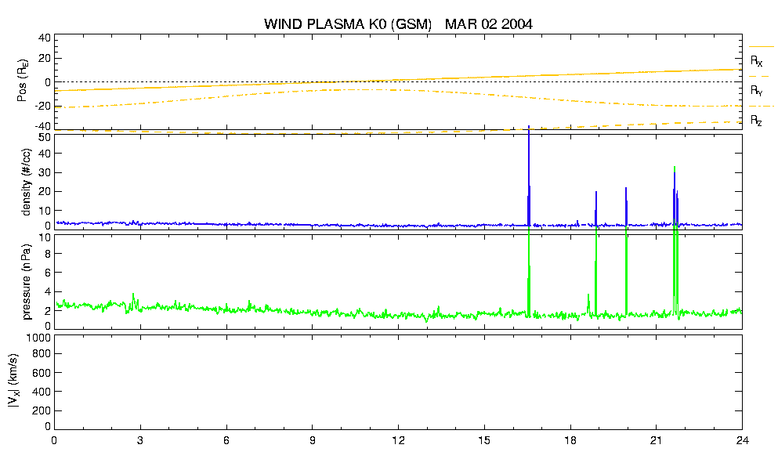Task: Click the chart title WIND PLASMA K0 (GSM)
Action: coord(348,24)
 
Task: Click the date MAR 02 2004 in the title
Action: coord(489,23)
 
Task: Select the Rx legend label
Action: coord(756,61)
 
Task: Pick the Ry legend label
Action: coord(756,91)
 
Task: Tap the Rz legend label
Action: coord(756,121)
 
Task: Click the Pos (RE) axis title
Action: coord(23,81)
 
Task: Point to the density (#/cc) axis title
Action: coord(27,182)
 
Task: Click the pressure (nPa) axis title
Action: coord(27,282)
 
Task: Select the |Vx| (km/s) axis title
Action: coord(14,381)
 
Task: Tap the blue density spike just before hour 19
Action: coord(596,208)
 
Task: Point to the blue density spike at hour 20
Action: coord(626,207)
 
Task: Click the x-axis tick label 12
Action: coord(398,440)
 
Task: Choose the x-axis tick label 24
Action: coord(742,440)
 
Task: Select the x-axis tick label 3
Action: coord(140,440)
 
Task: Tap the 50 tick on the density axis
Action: coord(45,137)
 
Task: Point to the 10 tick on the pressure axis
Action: coord(45,237)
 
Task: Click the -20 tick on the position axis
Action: coord(42,107)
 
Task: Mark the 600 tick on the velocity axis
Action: coord(42,373)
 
